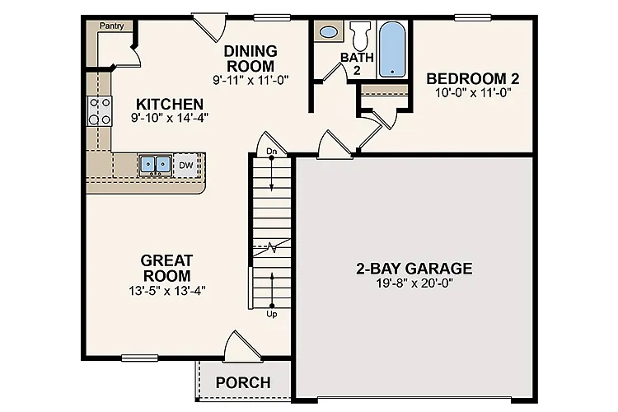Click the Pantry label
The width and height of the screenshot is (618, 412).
coord(111,26)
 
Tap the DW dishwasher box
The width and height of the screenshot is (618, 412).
coord(186,165)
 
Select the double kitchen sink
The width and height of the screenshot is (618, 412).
coord(154,165)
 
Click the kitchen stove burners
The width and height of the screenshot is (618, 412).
coord(100,111)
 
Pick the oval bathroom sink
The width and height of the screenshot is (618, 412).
coord(328,33)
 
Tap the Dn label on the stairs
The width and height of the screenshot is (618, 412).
coord(272,152)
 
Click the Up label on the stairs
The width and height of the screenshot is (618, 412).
coord(272,314)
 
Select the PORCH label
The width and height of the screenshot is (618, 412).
coord(243,382)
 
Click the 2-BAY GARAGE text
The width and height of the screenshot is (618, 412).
coord(414,268)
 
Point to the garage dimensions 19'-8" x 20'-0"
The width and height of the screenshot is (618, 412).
coord(414,283)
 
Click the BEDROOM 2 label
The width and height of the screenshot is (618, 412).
coord(472,78)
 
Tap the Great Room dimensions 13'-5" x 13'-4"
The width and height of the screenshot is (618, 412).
coord(166,290)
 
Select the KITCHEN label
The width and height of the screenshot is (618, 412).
coord(169,105)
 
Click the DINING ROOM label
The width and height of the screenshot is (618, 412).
coord(250,58)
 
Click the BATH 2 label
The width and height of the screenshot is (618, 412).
coord(358,63)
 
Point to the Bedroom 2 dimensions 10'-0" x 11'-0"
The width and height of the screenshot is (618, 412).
coord(473,93)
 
